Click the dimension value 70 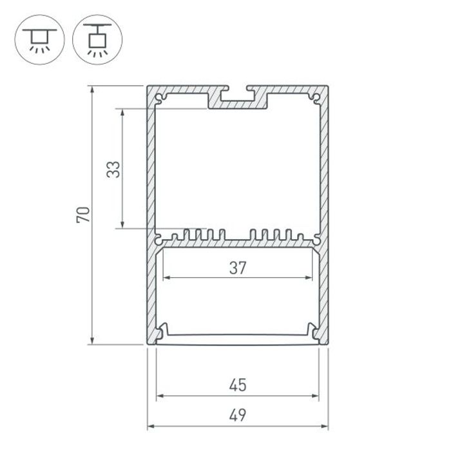pos(83,215)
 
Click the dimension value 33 pos(113,169)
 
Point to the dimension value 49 pos(238,415)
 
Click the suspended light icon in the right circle pos(98,40)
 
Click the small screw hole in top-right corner pos(316,98)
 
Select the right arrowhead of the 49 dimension pos(325,427)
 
